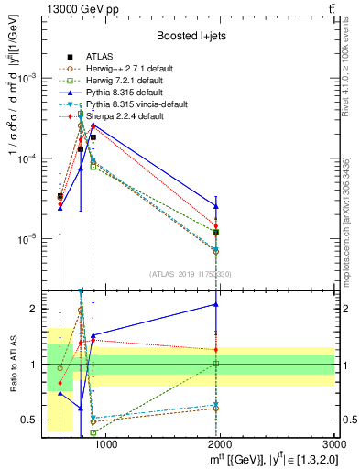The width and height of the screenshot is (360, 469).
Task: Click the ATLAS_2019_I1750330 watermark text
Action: [x=190, y=273]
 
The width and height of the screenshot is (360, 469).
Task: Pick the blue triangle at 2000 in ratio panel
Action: [x=216, y=304]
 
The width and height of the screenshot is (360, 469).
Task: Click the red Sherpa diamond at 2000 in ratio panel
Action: [x=216, y=349]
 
